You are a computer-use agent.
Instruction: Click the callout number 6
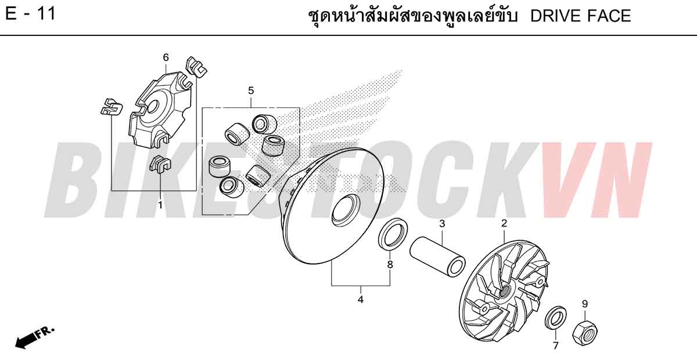[166, 57]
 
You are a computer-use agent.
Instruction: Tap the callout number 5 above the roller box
[251, 91]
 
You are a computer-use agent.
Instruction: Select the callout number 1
[160, 205]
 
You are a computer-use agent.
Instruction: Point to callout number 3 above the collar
[442, 224]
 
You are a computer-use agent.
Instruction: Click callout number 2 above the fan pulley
[504, 223]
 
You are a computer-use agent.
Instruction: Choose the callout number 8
[390, 265]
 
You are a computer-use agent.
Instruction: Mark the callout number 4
[360, 300]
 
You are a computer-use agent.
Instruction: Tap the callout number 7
[555, 345]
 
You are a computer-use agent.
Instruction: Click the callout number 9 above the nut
[585, 304]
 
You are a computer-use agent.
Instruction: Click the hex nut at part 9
[585, 333]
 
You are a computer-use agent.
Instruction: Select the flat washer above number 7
[556, 318]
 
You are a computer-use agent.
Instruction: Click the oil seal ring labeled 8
[393, 233]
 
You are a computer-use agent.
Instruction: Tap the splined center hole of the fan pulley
[504, 291]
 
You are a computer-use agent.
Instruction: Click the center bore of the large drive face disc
[345, 210]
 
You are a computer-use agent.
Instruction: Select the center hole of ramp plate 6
[152, 107]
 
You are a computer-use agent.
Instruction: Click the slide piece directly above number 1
[160, 163]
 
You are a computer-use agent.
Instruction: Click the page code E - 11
[30, 14]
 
